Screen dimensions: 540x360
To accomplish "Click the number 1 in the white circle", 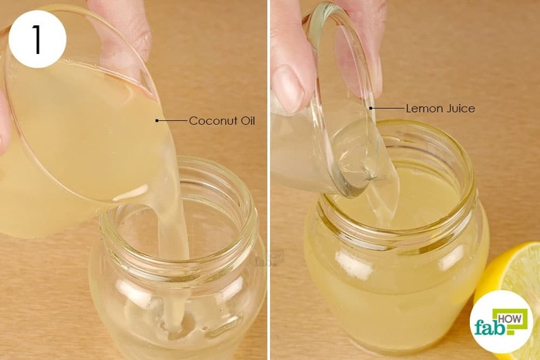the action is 37,39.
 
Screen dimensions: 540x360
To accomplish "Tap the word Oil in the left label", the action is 247,121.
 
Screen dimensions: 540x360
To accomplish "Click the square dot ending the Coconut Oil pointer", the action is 157,121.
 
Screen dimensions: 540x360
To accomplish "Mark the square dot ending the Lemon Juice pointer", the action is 371,109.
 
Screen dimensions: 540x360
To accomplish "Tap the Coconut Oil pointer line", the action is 172,121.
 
